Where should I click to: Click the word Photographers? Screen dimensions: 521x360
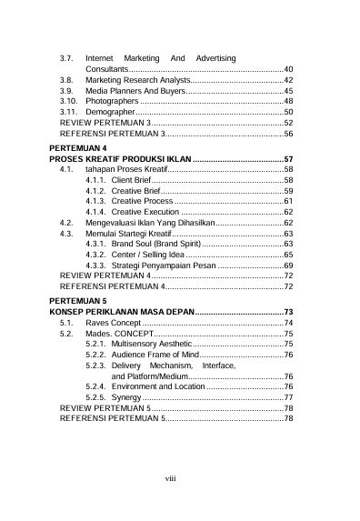point(113,100)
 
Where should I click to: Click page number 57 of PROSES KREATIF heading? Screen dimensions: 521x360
point(287,158)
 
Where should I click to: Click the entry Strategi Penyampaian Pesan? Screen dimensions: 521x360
point(164,265)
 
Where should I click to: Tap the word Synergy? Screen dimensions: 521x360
point(126,397)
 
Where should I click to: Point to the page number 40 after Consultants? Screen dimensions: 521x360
point(287,69)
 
